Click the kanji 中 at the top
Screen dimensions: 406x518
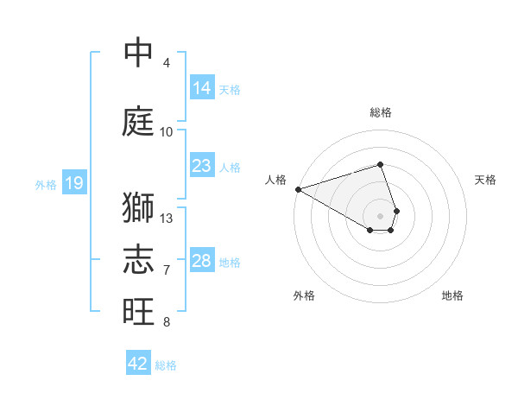pyautogui.click(x=138, y=53)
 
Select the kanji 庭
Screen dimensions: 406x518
pyautogui.click(x=138, y=121)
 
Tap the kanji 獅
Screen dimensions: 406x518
pyautogui.click(x=138, y=209)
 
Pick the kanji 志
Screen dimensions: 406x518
pyautogui.click(x=138, y=258)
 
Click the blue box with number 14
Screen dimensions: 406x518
pyautogui.click(x=201, y=88)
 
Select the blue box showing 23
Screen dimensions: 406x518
pyautogui.click(x=201, y=166)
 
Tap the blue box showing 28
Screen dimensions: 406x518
pyautogui.click(x=201, y=261)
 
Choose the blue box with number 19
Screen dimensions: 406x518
pyautogui.click(x=73, y=183)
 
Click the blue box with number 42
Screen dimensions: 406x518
pyautogui.click(x=138, y=364)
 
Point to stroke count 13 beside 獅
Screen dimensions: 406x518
pyautogui.click(x=167, y=218)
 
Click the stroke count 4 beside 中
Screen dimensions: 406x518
pyautogui.click(x=166, y=63)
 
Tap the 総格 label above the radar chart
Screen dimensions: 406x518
pyautogui.click(x=381, y=112)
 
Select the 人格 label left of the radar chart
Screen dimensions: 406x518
pyautogui.click(x=275, y=180)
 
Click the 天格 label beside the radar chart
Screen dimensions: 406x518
pyautogui.click(x=485, y=180)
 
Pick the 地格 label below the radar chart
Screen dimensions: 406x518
pyautogui.click(x=452, y=295)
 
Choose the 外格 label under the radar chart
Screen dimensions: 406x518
pyautogui.click(x=304, y=295)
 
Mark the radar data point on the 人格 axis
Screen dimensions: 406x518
pyautogui.click(x=298, y=189)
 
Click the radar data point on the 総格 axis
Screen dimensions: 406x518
pyautogui.click(x=380, y=164)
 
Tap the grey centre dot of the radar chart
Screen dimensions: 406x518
pyautogui.click(x=380, y=214)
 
